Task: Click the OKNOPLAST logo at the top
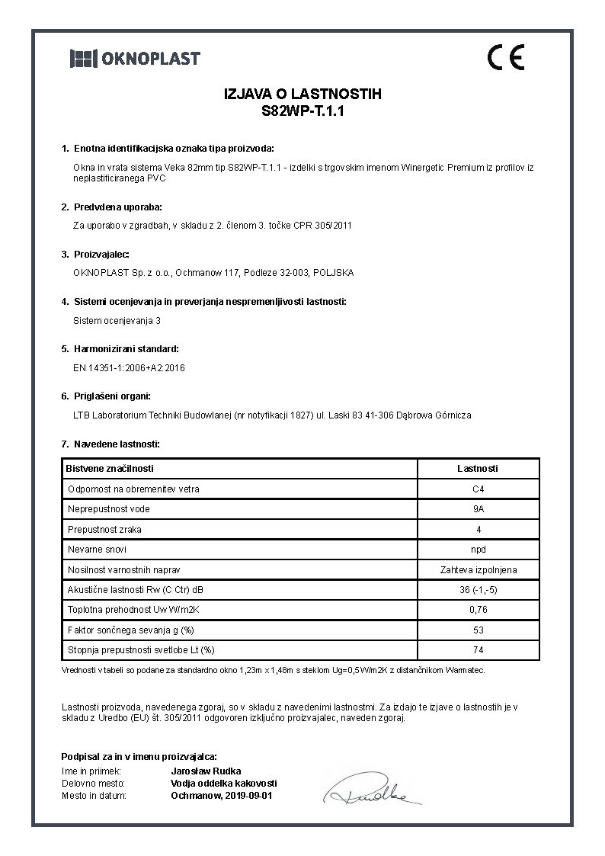click(135, 58)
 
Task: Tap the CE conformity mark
click(505, 58)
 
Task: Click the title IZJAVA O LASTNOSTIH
click(302, 95)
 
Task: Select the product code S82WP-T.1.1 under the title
click(302, 110)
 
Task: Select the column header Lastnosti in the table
click(478, 469)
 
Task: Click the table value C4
click(478, 489)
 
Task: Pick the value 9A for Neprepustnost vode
click(478, 508)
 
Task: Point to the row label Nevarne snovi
click(97, 549)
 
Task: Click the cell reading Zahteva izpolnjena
click(478, 569)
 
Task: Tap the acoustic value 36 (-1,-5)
click(478, 589)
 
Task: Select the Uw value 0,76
click(478, 610)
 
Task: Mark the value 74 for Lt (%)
click(478, 650)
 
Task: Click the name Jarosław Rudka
click(204, 771)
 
